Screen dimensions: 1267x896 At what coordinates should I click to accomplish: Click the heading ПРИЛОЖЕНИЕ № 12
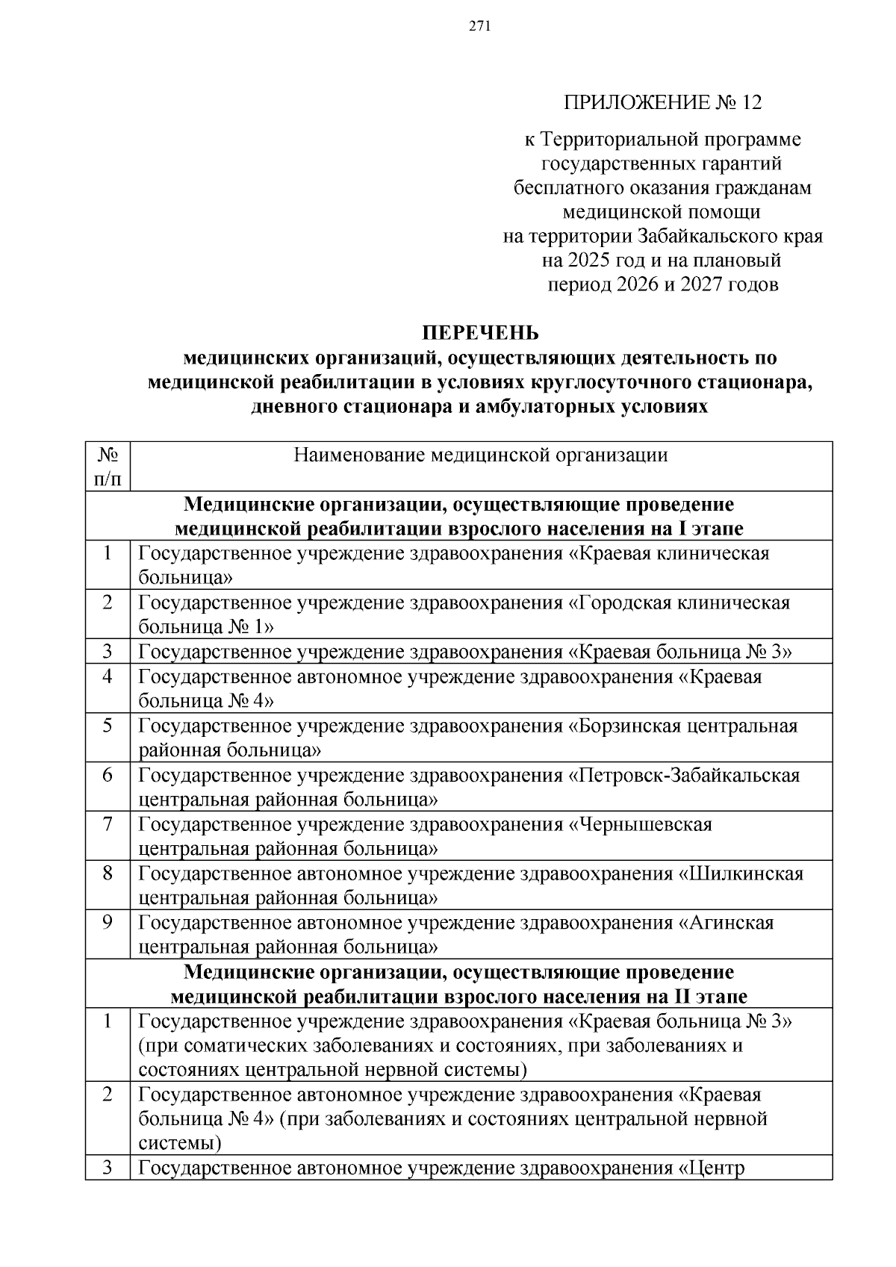662,102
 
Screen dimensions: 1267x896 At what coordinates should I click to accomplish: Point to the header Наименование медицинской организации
480,455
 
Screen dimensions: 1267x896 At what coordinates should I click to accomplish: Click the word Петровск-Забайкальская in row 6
689,775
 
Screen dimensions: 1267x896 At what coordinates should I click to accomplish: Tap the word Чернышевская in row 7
646,824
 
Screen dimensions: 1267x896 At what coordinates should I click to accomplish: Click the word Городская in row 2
622,602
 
